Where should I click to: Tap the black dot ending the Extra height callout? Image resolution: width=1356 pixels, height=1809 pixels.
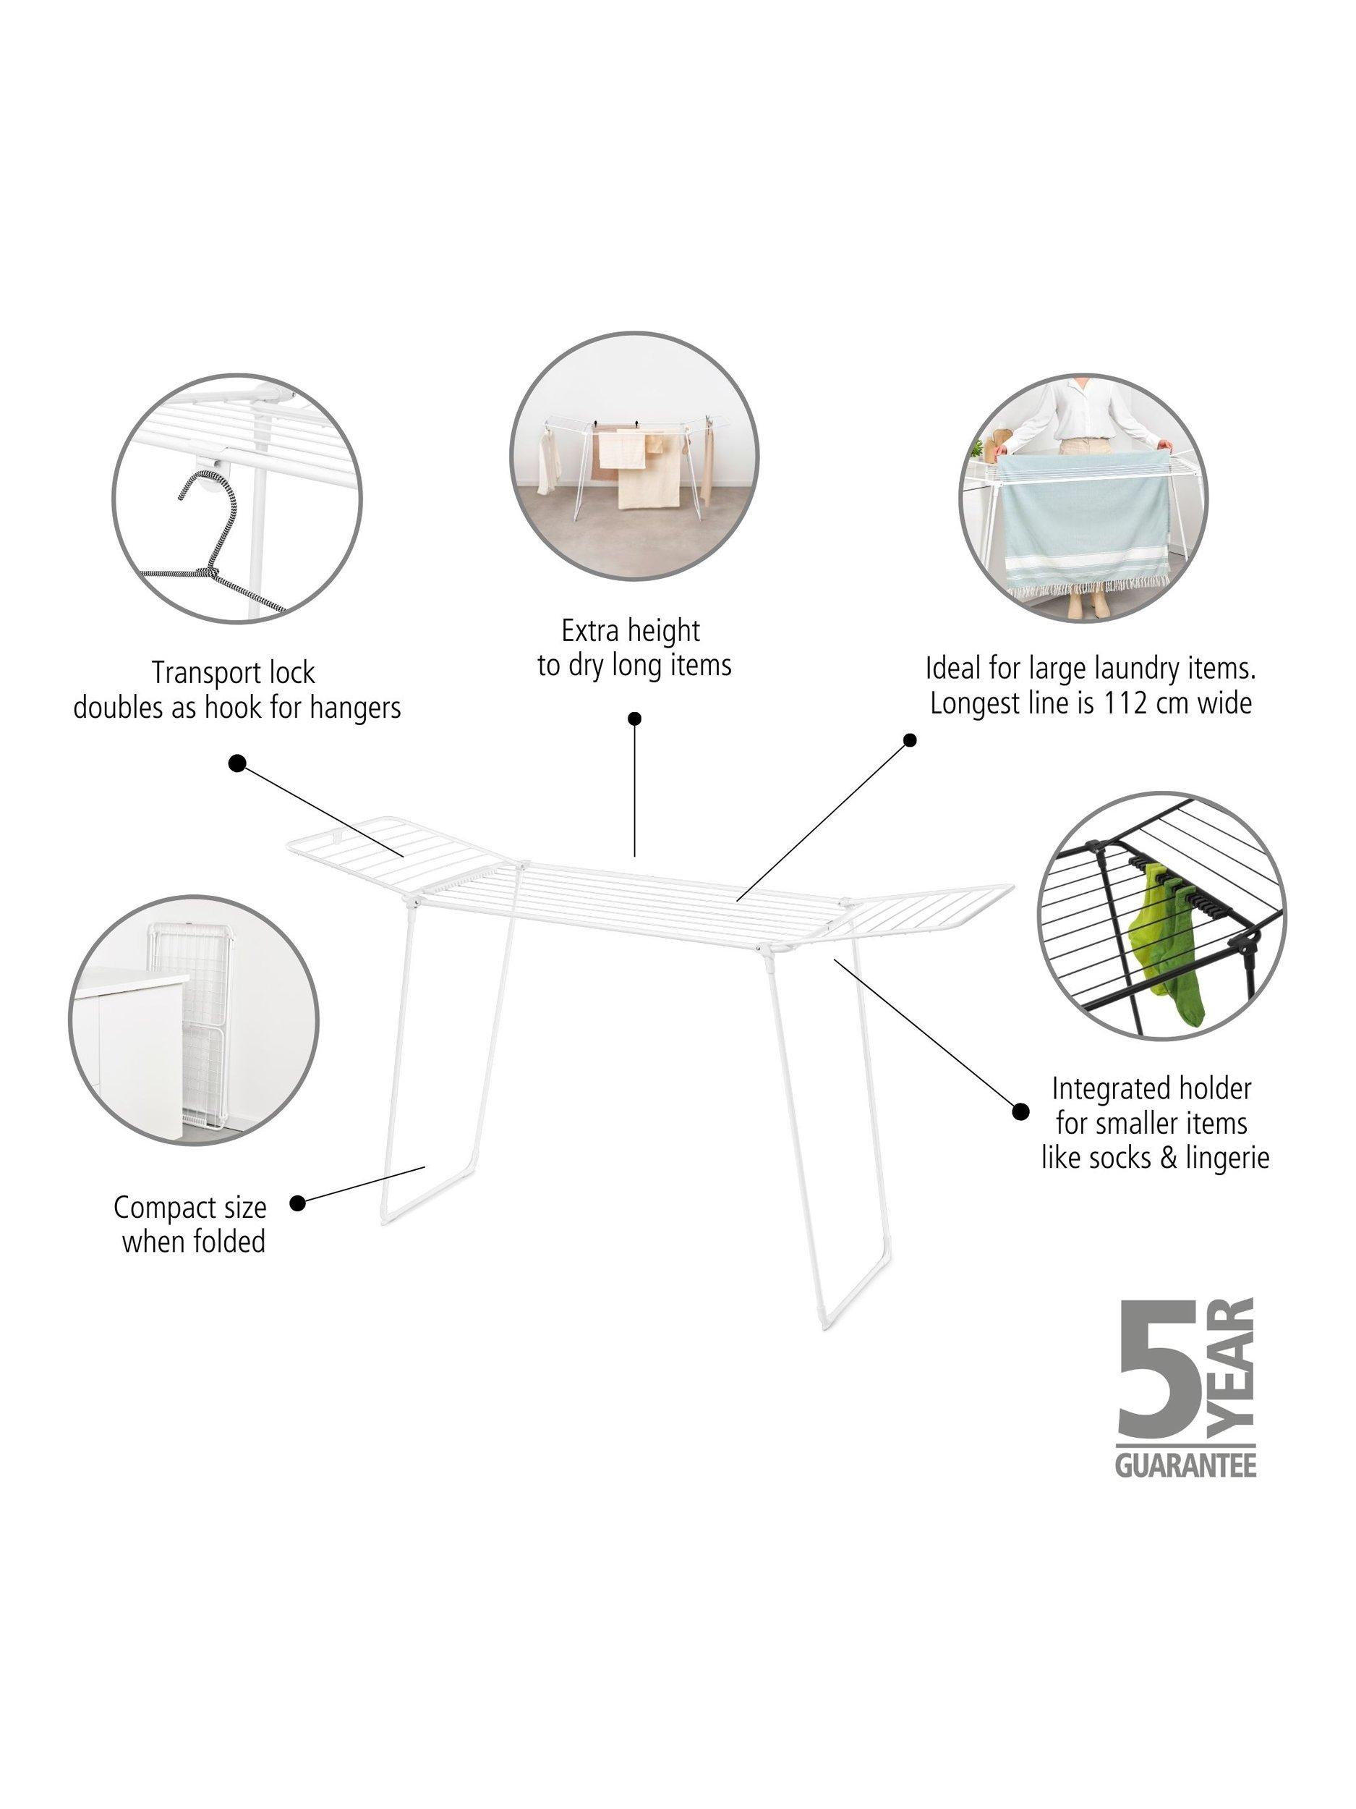[x=634, y=719]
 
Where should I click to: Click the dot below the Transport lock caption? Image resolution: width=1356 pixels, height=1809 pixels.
[x=237, y=763]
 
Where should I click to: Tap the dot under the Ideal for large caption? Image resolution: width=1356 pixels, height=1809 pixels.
[x=910, y=740]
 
